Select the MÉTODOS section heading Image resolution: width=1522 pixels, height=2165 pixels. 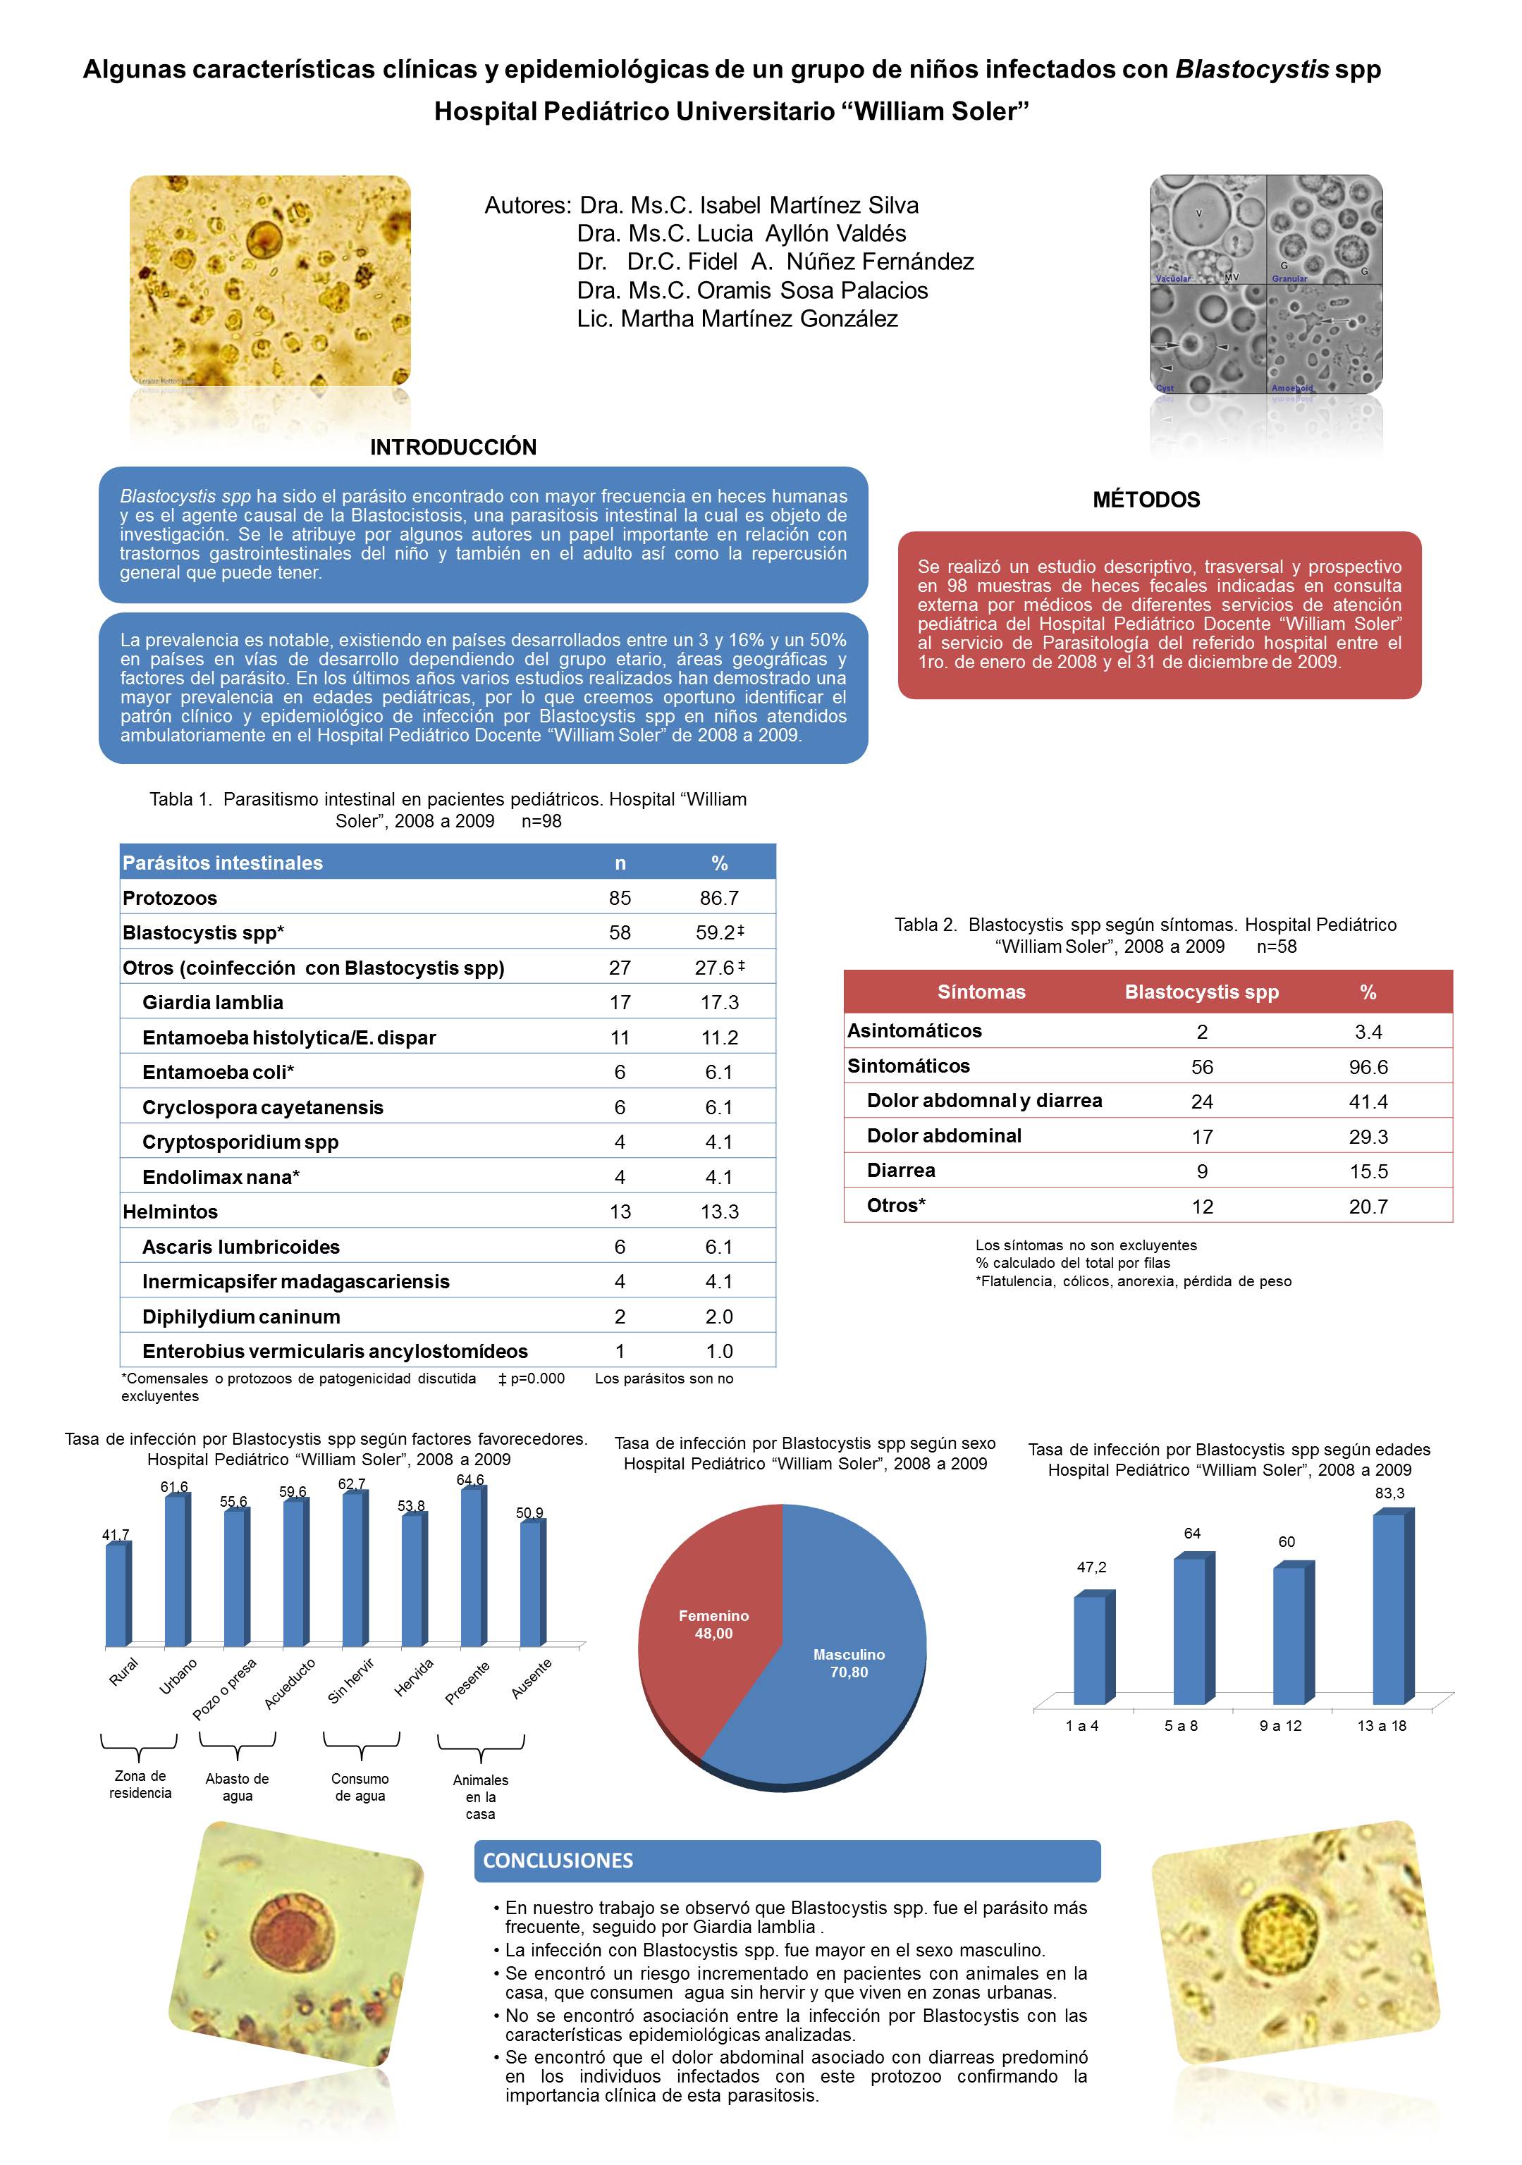point(1146,500)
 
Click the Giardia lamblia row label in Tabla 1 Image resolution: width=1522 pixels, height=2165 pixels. point(212,1002)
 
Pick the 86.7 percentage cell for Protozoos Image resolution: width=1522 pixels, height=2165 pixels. point(718,898)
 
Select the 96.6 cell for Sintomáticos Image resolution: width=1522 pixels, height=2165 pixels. point(1368,1066)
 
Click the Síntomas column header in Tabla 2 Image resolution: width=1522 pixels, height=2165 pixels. point(981,992)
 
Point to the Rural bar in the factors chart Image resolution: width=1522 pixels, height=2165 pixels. point(116,1593)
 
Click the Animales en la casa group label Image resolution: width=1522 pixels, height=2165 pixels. point(480,1796)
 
